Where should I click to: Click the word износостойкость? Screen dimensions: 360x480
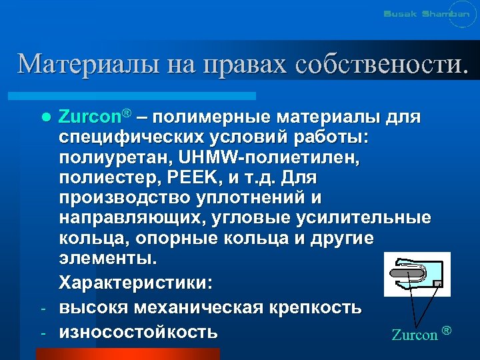click(138, 331)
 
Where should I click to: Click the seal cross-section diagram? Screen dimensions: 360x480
click(417, 273)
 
